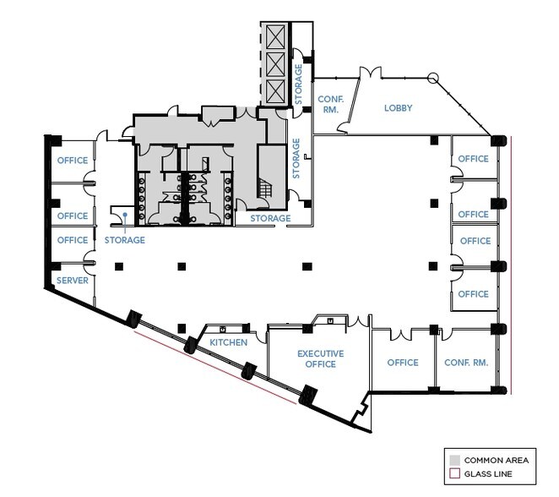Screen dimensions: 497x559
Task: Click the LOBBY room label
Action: [398, 107]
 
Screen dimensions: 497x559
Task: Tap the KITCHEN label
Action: [229, 342]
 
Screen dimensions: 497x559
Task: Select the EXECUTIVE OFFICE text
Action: [317, 359]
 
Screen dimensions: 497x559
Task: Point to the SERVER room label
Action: [72, 280]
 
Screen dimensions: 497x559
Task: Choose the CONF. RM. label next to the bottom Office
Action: [466, 363]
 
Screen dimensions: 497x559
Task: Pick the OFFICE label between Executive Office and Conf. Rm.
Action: [403, 363]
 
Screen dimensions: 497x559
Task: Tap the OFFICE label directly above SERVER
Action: [72, 240]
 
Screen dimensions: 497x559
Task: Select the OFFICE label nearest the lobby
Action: [473, 159]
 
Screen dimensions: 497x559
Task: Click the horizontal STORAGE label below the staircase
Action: [269, 219]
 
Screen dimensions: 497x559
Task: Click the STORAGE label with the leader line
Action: [124, 240]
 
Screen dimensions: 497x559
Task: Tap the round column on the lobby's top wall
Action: [432, 79]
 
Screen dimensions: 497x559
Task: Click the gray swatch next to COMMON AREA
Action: [454, 460]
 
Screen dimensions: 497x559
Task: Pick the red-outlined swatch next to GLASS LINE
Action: [454, 473]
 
